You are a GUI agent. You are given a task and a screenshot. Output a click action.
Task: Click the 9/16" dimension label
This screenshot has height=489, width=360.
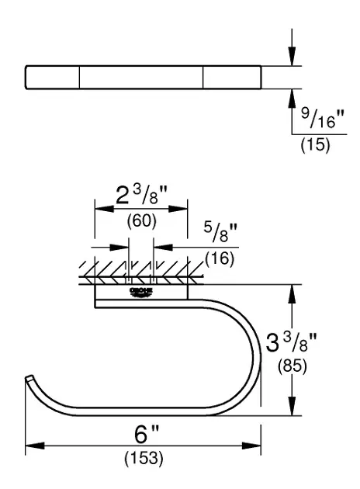pos(323,118)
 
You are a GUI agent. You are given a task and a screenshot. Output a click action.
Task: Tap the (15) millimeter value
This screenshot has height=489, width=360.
pos(315,145)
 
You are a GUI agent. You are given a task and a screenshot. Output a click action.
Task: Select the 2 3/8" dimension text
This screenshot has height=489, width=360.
pos(141,196)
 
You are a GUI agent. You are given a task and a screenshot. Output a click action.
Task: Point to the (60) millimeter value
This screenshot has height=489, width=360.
pos(141,220)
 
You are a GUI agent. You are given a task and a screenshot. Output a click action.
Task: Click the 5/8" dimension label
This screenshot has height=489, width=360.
pos(220,232)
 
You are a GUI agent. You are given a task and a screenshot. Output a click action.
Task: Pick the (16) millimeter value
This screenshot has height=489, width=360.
pos(220,258)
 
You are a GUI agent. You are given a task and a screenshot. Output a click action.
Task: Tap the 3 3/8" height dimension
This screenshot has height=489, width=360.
pos(291,342)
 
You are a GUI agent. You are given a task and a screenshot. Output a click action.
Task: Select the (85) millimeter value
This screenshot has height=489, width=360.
pos(292,366)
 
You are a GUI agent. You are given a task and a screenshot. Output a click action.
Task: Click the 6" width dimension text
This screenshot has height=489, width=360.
pos(147,434)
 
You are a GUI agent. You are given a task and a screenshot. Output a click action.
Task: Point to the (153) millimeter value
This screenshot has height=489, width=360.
pos(144,458)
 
